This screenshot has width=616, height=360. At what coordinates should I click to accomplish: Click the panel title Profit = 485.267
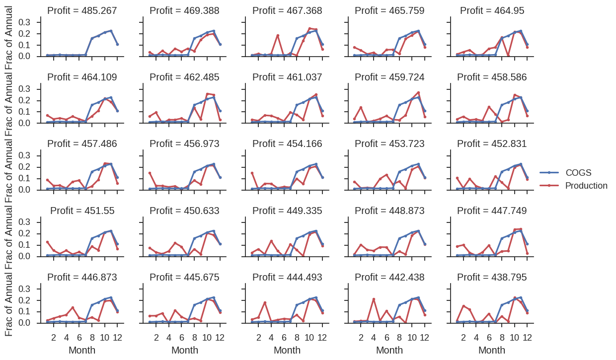82,10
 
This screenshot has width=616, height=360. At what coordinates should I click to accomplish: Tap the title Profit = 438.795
492,277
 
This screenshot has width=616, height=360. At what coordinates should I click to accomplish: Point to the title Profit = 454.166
287,144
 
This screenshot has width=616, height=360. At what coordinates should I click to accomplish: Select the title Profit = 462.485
184,77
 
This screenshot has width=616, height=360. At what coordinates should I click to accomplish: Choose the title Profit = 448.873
389,211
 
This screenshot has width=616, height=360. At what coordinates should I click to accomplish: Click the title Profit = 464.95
492,10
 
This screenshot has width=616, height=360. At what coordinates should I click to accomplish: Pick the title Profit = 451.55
82,211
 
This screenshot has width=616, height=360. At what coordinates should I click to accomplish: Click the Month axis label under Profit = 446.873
82,350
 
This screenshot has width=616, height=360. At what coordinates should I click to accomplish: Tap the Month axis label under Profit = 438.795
492,350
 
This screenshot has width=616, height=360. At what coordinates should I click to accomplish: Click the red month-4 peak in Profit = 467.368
278,35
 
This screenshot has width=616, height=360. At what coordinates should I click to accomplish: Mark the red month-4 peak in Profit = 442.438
374,299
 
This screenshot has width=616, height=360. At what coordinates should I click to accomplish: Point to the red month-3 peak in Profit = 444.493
265,302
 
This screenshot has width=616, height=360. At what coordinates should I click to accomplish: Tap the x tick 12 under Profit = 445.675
220,338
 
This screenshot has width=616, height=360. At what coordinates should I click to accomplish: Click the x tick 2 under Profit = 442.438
361,338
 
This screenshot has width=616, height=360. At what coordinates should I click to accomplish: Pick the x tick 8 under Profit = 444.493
297,338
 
